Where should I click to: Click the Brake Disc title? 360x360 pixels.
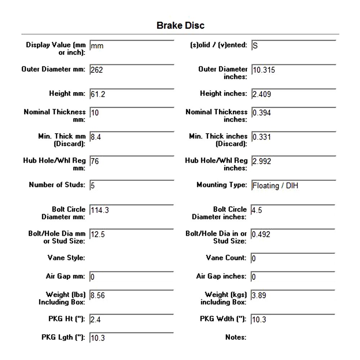tap(180, 26)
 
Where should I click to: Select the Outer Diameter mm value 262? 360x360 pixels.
tap(97, 70)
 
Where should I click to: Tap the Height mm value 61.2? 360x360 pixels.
tap(98, 94)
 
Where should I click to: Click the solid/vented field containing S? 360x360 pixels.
tap(255, 46)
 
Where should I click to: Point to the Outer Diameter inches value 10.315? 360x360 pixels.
tap(264, 70)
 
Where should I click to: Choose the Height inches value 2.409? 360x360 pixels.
tap(262, 94)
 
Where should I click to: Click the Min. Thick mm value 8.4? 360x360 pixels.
tap(95, 137)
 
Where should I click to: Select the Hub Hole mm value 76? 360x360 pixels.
tap(95, 161)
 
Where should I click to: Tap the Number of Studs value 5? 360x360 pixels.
tap(93, 186)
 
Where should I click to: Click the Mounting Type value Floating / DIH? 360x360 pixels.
tap(275, 186)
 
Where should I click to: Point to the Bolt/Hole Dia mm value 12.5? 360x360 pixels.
tap(98, 234)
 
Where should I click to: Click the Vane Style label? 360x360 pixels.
tap(66, 258)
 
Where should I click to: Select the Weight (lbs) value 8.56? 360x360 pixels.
tap(98, 295)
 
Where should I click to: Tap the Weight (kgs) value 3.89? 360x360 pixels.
tap(259, 295)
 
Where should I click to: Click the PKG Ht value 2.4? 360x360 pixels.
tap(95, 319)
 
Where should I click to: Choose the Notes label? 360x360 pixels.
tap(236, 337)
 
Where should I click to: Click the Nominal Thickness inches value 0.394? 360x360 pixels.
tap(262, 113)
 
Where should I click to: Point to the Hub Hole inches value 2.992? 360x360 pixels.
tap(262, 161)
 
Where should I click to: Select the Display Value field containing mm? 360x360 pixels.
tap(97, 46)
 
